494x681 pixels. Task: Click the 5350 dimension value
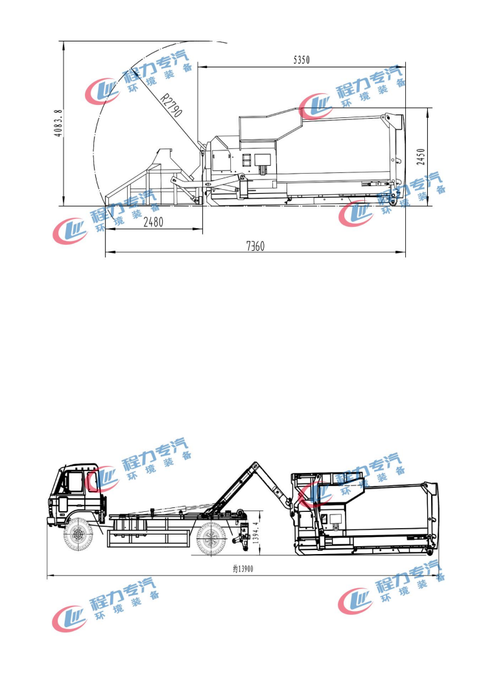pyautogui.click(x=301, y=60)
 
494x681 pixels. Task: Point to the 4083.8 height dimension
pyautogui.click(x=58, y=123)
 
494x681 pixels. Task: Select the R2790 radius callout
pyautogui.click(x=171, y=105)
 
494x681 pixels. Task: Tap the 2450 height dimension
pyautogui.click(x=421, y=157)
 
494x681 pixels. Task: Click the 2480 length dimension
pyautogui.click(x=154, y=222)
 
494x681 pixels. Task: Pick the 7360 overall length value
pyautogui.click(x=255, y=246)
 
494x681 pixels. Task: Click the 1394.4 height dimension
pyautogui.click(x=255, y=533)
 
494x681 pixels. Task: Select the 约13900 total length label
pyautogui.click(x=243, y=569)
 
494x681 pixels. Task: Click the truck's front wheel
pyautogui.click(x=78, y=535)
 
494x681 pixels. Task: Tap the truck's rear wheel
pyautogui.click(x=211, y=539)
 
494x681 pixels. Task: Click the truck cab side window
pyautogui.click(x=75, y=482)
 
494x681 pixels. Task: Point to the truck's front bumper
pyautogui.click(x=51, y=521)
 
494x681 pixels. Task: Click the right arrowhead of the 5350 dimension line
pyautogui.click(x=403, y=67)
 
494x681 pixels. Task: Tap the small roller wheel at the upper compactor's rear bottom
pyautogui.click(x=394, y=202)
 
